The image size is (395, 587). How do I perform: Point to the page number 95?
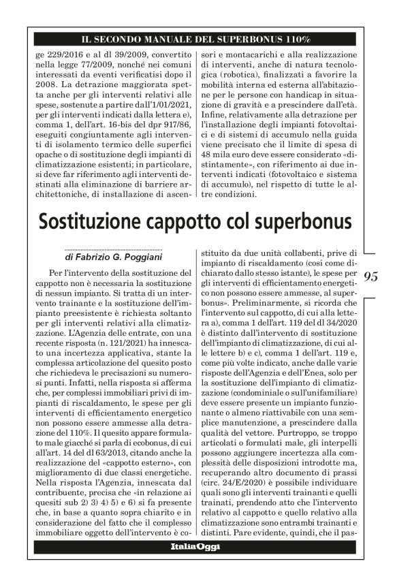pos(371,276)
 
